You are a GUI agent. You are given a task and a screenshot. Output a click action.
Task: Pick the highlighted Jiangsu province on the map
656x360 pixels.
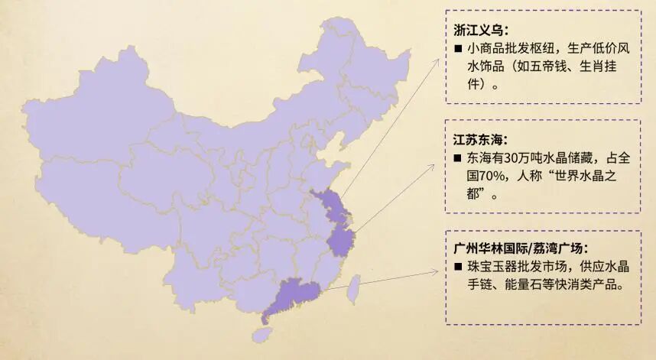pyautogui.click(x=332, y=206)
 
